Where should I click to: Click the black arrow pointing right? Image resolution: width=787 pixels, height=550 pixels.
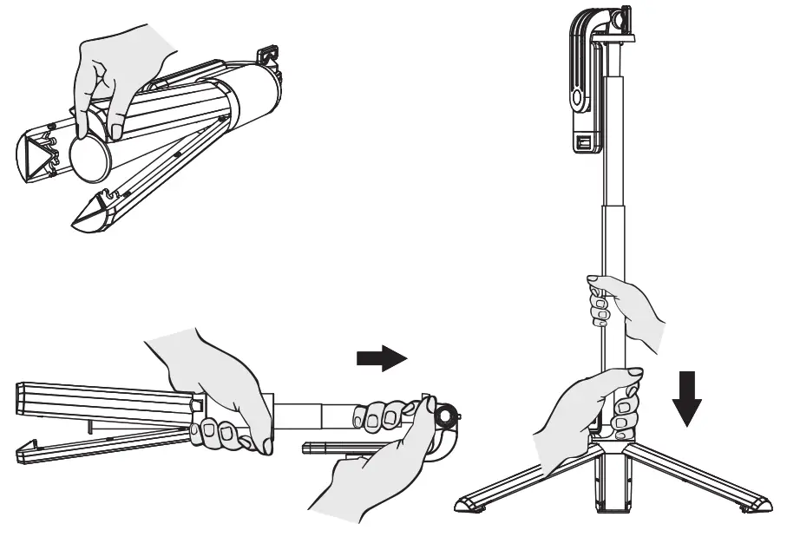click(x=381, y=358)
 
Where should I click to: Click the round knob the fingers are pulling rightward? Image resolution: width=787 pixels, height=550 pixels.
click(x=446, y=416)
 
